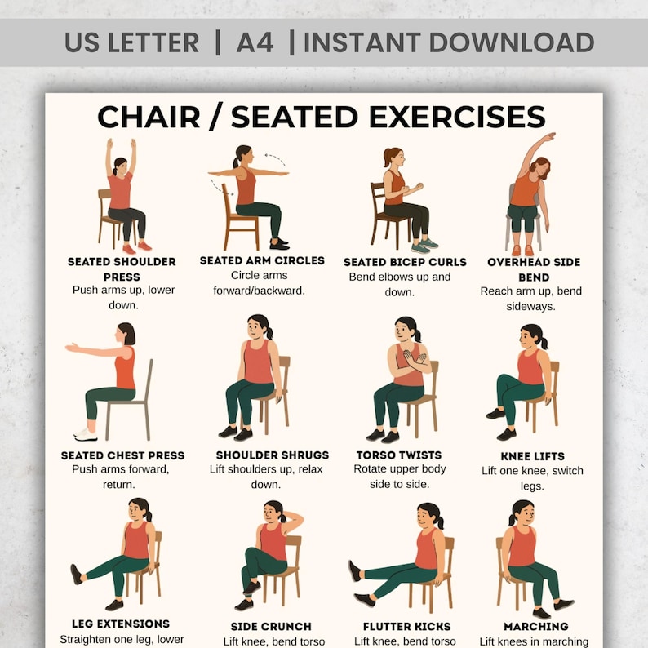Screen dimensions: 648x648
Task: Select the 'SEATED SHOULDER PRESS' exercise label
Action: [x=122, y=269]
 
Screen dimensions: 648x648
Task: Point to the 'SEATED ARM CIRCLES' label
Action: [x=262, y=261]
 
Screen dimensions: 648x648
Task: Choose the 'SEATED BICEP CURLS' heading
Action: [x=405, y=262]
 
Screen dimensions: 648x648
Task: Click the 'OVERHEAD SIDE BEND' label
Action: [x=534, y=269]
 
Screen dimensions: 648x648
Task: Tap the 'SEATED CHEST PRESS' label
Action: [x=122, y=455]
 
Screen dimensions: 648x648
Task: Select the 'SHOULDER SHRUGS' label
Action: [x=272, y=455]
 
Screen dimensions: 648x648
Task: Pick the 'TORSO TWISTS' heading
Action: [x=399, y=455]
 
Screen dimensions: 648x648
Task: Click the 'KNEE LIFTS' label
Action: [x=532, y=456]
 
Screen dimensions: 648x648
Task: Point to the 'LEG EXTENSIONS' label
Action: [x=121, y=624]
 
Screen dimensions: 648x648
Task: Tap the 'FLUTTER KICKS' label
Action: [x=405, y=627]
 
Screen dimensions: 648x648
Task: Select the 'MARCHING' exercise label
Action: [x=535, y=627]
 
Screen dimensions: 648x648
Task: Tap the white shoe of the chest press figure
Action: [x=85, y=434]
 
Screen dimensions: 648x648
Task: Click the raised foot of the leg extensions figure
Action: [x=77, y=574]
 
